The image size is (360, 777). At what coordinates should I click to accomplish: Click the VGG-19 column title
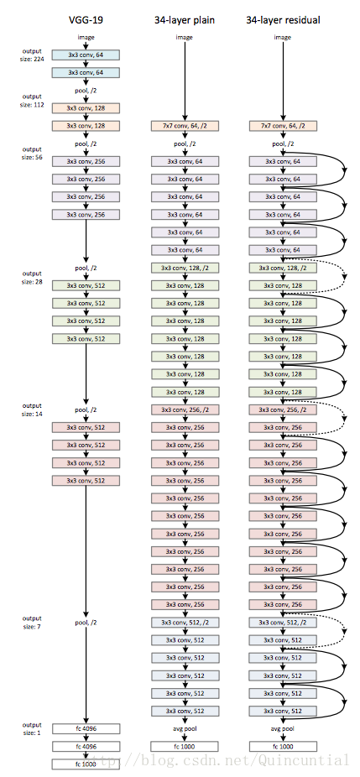pyautogui.click(x=86, y=18)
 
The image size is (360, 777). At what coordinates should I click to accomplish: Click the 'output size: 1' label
pyautogui.click(x=32, y=728)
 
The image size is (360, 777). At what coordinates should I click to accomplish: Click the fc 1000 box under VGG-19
pyautogui.click(x=86, y=764)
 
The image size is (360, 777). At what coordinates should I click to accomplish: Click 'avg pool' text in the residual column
pyautogui.click(x=282, y=728)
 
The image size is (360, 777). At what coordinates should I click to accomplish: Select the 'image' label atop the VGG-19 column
pyautogui.click(x=86, y=37)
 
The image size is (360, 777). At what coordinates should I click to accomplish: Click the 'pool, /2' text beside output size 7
pyautogui.click(x=86, y=623)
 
